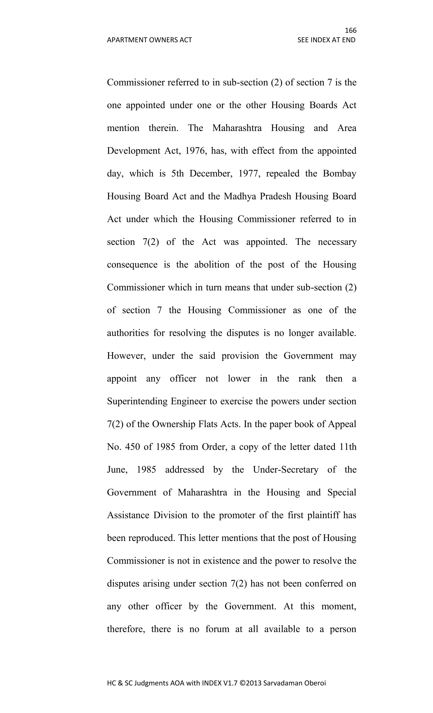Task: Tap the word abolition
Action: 212,265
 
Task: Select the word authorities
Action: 128,333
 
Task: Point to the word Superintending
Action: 137,401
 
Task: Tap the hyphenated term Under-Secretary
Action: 285,470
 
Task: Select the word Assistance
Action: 128,515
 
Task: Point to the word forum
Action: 217,629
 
